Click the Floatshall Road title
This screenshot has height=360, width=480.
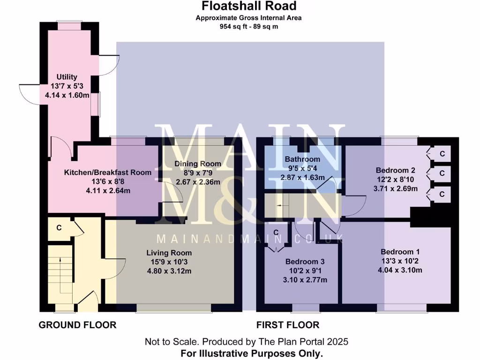[x=249, y=6]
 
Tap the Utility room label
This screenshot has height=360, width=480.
[x=67, y=77]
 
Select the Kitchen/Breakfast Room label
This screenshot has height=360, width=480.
[x=107, y=172]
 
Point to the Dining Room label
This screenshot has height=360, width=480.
[x=197, y=164]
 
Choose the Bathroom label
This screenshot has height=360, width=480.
[x=302, y=159]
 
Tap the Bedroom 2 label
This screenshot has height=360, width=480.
[x=396, y=171]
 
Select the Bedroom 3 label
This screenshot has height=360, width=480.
[x=305, y=262]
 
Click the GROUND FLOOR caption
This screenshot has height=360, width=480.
[x=77, y=325]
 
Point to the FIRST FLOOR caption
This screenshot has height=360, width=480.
[x=288, y=325]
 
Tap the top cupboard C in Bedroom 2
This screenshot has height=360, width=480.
[x=442, y=154]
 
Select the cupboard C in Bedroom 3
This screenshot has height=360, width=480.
[x=276, y=233]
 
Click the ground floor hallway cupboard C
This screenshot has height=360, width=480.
[x=59, y=228]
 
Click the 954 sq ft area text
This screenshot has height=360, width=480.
[x=249, y=27]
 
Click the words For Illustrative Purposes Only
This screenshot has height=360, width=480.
[x=252, y=353]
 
